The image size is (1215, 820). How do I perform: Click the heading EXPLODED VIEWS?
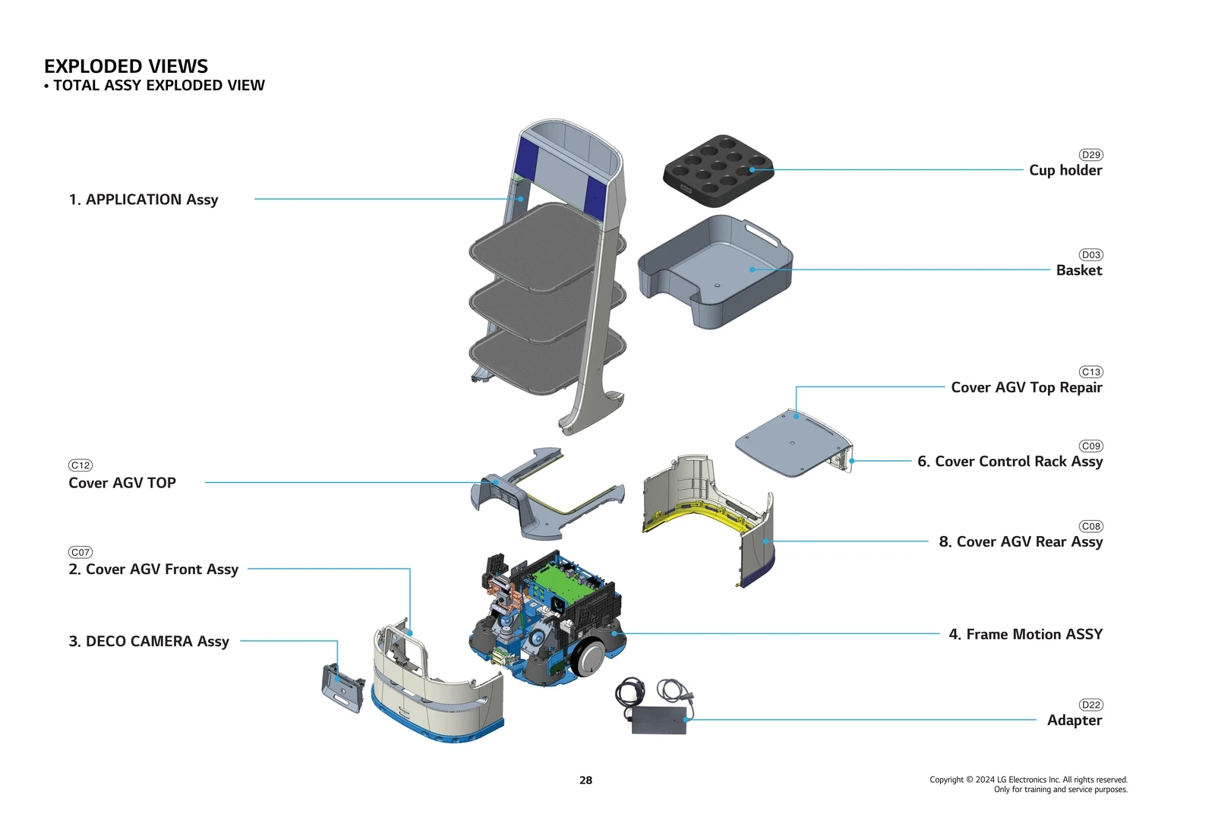[x=125, y=66]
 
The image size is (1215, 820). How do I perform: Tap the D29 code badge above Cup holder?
[x=1090, y=155]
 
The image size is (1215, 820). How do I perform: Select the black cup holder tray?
[x=717, y=171]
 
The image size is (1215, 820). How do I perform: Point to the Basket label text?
[x=1078, y=270]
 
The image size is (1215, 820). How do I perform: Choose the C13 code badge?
[x=1090, y=372]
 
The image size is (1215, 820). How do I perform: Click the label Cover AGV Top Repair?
[x=1026, y=387]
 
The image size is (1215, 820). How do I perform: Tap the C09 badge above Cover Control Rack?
[x=1090, y=446]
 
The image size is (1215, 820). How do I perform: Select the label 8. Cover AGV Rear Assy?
[x=1020, y=541]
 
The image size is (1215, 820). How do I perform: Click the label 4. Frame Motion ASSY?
[x=1025, y=634]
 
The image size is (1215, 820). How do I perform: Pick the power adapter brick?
[x=659, y=720]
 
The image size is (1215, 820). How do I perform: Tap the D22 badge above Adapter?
[x=1090, y=705]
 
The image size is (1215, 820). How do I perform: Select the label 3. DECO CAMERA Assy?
[x=149, y=641]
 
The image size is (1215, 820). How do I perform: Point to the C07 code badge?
[x=80, y=553]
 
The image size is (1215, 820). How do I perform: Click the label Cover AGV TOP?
[x=122, y=483]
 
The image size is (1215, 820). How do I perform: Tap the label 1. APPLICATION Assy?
[x=144, y=200]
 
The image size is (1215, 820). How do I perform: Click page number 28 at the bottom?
[x=585, y=780]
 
